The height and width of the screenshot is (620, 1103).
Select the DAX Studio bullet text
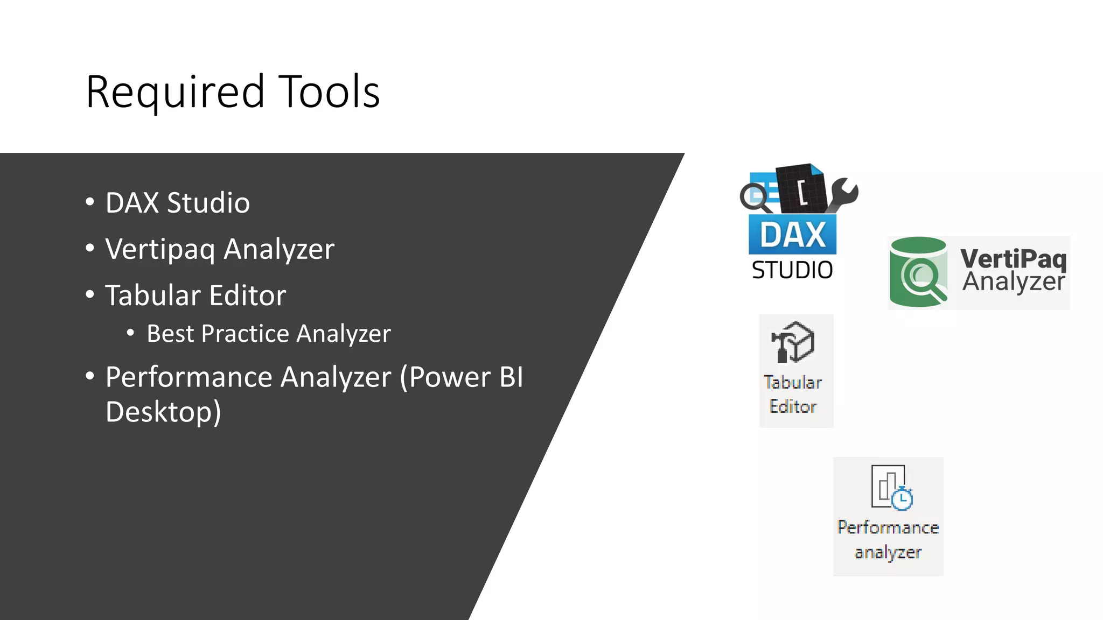(178, 203)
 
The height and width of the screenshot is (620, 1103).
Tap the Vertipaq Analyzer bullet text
(220, 249)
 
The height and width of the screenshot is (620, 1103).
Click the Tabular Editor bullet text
(196, 295)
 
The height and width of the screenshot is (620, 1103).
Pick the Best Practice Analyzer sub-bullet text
(268, 334)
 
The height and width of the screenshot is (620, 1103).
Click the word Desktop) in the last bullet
(163, 412)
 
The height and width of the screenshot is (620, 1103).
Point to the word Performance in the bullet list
(248, 377)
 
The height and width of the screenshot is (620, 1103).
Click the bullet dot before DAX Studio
(90, 202)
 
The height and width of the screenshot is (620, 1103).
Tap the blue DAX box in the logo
(792, 235)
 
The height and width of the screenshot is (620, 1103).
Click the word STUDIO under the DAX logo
(792, 270)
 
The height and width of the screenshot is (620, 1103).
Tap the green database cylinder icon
(918, 272)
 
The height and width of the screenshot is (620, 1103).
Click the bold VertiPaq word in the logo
(1013, 258)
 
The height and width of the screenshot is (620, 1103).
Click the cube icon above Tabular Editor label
(793, 342)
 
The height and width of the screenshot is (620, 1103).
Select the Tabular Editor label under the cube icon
(793, 394)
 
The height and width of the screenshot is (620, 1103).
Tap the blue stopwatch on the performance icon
(902, 498)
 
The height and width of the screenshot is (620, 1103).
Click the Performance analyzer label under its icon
(888, 539)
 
